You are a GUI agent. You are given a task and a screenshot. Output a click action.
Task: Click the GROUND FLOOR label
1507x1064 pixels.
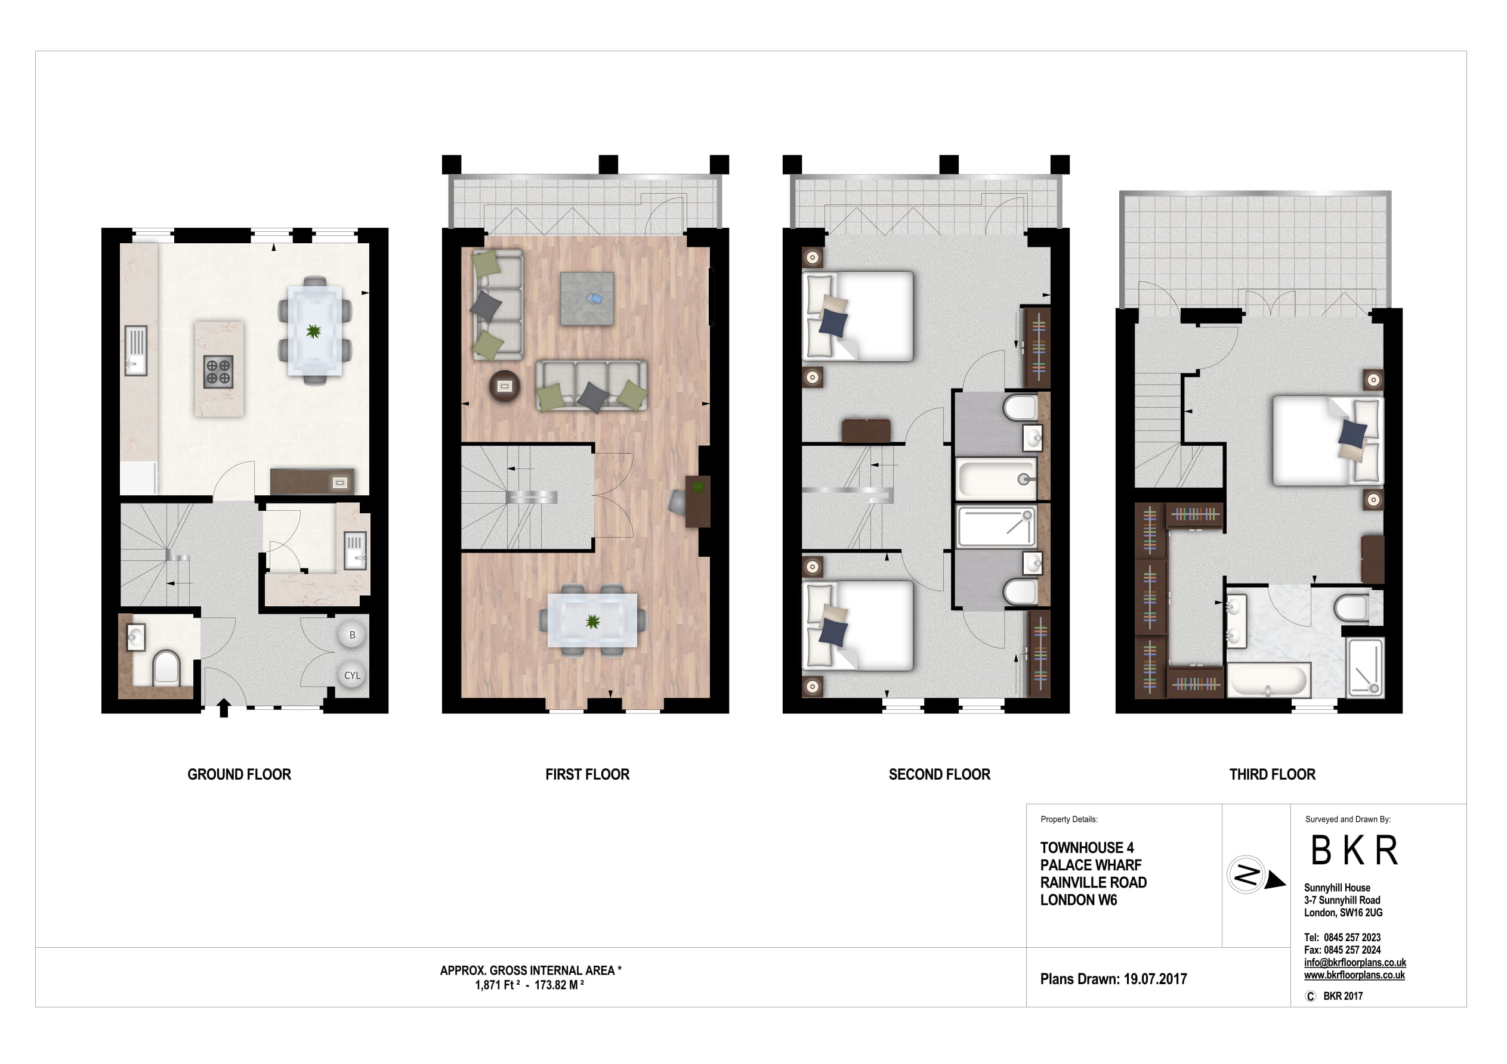coord(239,774)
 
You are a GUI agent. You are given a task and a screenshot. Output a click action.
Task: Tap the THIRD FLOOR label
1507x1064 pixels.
coord(1271,774)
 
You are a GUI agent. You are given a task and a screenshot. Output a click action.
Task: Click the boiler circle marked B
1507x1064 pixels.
coord(352,634)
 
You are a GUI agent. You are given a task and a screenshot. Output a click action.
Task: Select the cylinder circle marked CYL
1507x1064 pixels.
coord(352,675)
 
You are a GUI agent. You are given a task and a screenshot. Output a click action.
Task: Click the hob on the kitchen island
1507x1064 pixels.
coord(218,371)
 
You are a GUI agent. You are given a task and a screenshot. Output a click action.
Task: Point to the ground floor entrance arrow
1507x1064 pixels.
coord(223,708)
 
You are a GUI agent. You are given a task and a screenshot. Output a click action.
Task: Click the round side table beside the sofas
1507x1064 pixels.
coord(504,386)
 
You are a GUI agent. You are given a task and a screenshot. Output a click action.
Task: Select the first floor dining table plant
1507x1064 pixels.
coord(592,621)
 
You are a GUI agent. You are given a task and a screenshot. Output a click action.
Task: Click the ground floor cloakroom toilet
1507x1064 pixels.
coord(165,668)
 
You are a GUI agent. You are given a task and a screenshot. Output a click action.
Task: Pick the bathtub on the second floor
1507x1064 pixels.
coord(996,479)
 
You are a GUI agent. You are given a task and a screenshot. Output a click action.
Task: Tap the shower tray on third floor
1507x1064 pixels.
coord(1365,668)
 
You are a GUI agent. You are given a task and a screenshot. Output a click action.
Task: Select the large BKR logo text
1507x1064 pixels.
coord(1354,851)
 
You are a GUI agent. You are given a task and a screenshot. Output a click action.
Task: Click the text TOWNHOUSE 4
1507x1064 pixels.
coord(1086,848)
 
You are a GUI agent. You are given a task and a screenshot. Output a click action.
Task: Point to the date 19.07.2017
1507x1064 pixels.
coord(1154,979)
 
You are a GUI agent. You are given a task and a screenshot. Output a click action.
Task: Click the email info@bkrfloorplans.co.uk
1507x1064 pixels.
coord(1354,962)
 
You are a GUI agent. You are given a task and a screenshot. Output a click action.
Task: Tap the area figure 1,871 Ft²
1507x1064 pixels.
coord(497,985)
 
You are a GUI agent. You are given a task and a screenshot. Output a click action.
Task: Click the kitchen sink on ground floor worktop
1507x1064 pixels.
coord(136,350)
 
